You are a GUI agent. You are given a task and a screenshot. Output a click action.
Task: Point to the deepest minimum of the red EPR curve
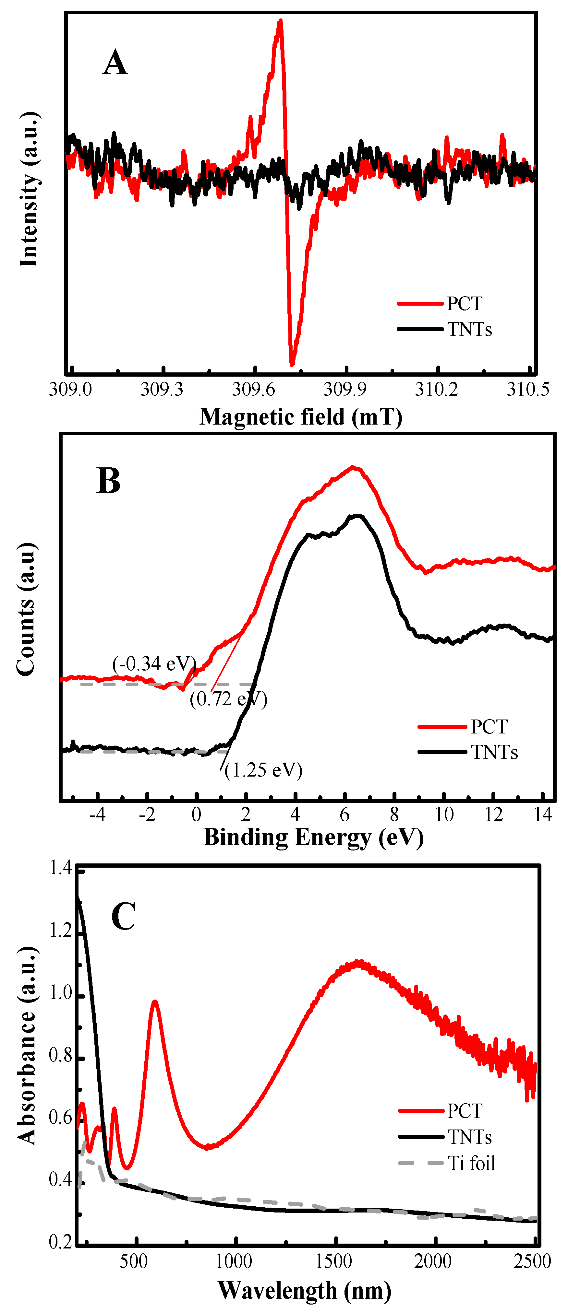coord(292,364)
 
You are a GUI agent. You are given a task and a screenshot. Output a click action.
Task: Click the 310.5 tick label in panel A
coord(528,390)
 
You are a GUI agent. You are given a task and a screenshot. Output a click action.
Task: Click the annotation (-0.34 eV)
coord(154,664)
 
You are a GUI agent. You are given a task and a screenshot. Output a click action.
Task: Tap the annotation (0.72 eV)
coord(228,699)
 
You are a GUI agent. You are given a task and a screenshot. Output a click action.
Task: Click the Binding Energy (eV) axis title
coord(314,837)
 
